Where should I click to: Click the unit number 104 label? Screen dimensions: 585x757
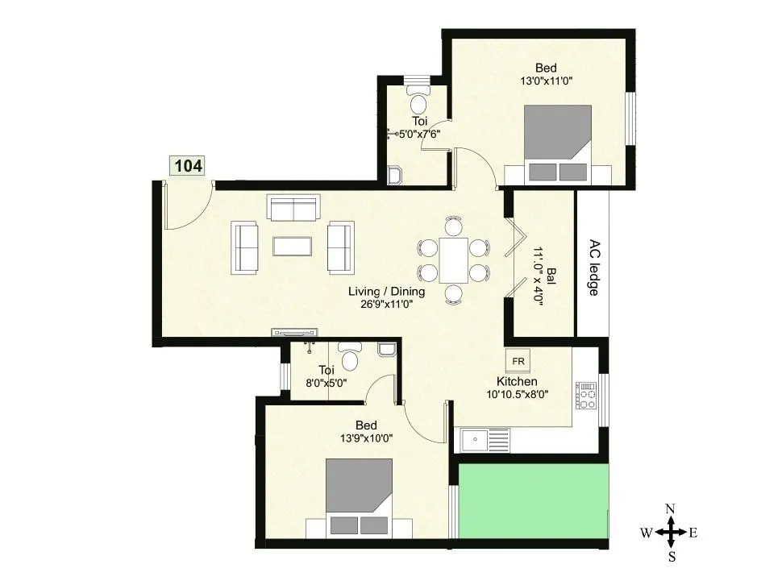point(188,166)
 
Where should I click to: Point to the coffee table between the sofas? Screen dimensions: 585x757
point(293,246)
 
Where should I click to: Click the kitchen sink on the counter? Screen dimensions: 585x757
point(485,440)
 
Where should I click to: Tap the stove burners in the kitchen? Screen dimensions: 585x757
point(587,396)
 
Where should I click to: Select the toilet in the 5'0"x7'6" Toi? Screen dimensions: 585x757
point(418,101)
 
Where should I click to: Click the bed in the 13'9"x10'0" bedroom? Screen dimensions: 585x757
point(359,498)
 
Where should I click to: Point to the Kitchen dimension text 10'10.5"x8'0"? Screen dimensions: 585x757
point(517,395)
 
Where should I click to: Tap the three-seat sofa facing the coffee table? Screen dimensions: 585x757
point(293,210)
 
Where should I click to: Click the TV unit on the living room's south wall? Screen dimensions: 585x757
point(295,331)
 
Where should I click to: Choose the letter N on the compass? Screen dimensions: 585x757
point(670,508)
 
